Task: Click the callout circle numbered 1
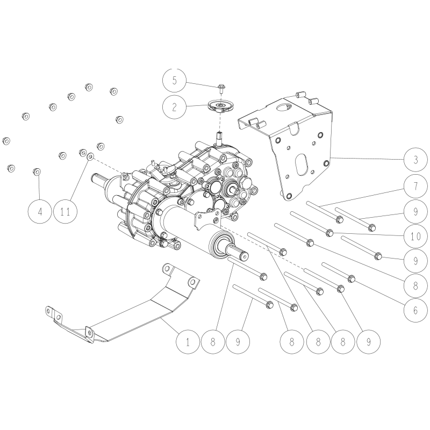pos(188,341)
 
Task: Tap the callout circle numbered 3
pos(416,160)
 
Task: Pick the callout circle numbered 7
pos(416,188)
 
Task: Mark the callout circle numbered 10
pos(416,235)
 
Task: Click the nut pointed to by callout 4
pos(37,171)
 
